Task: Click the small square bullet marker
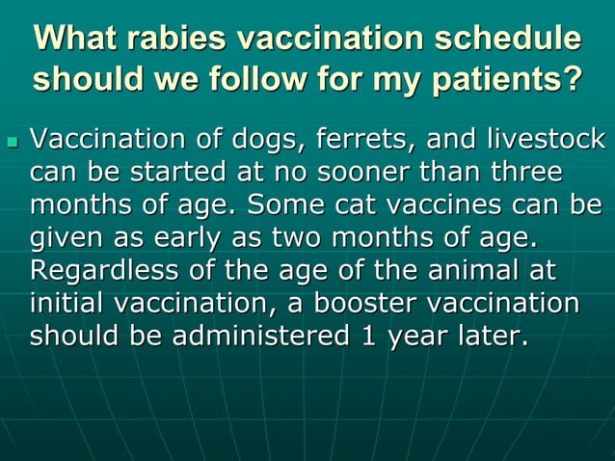point(13,142)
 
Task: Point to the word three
point(521,175)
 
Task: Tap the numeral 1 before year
point(389,336)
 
